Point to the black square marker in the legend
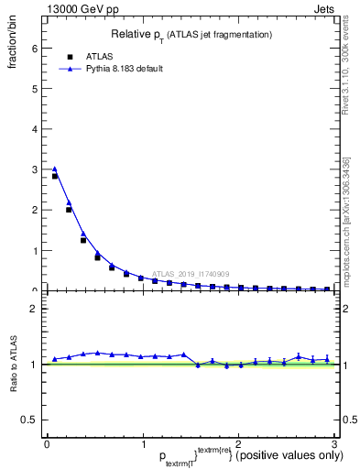[70, 55]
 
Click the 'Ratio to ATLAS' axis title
[14, 364]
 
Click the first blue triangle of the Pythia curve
[55, 169]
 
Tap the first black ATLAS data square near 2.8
[55, 176]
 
